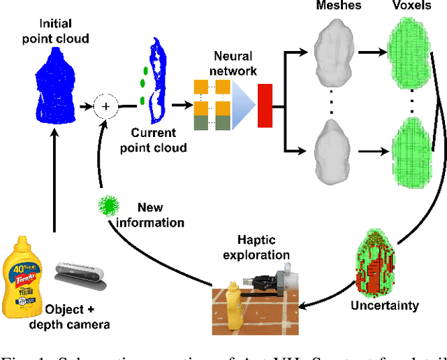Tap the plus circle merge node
(x=105, y=106)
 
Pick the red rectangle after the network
(x=265, y=106)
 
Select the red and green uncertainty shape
(x=375, y=263)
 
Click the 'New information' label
(x=161, y=215)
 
